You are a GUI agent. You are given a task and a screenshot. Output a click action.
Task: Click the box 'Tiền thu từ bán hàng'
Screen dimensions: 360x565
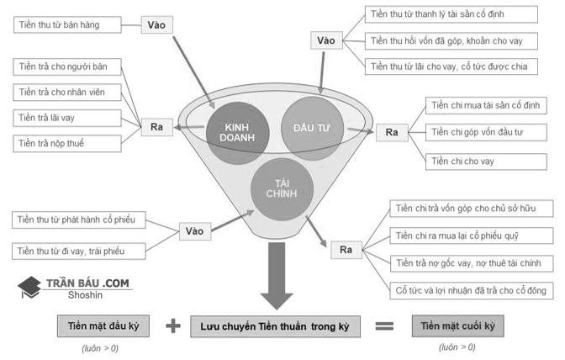click(69, 25)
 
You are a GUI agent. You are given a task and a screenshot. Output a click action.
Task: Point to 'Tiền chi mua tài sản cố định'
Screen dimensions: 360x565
click(486, 106)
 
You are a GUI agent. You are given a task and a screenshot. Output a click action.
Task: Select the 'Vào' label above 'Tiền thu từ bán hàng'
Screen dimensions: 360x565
click(156, 24)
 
